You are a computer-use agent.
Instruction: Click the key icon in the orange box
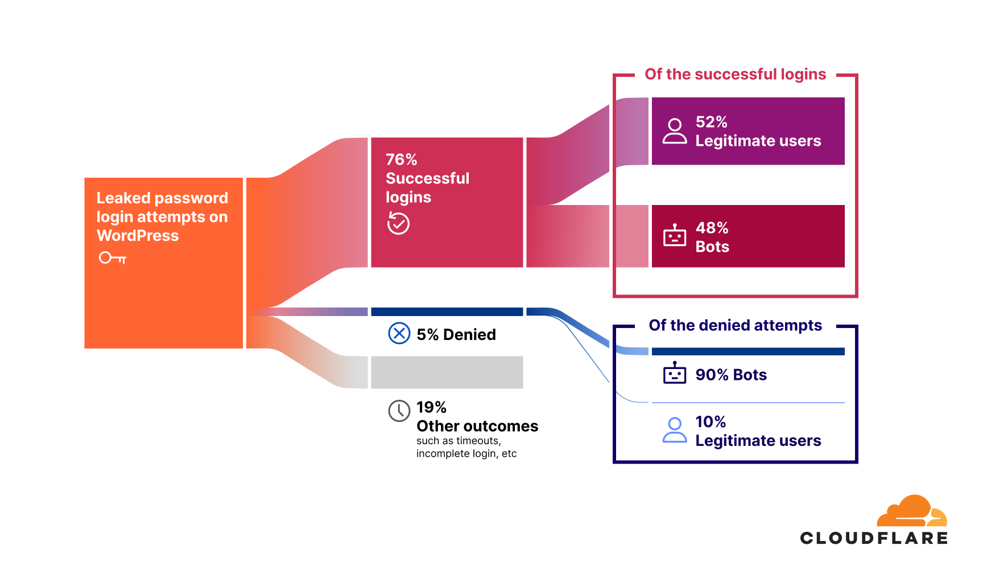click(x=113, y=258)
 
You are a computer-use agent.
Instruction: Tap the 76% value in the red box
click(x=401, y=159)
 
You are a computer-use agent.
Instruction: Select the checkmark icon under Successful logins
click(x=398, y=223)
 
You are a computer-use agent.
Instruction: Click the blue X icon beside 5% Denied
click(x=399, y=333)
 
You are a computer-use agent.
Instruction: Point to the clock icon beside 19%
click(x=399, y=410)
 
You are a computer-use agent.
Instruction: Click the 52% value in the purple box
click(x=711, y=122)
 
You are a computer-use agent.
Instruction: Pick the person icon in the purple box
click(x=675, y=131)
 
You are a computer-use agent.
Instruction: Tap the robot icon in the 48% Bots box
click(x=675, y=235)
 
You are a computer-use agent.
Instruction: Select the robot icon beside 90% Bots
click(x=675, y=373)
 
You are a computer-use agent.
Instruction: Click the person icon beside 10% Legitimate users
click(x=675, y=430)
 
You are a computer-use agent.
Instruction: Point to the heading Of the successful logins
click(x=735, y=75)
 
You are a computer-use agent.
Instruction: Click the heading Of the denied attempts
click(x=735, y=325)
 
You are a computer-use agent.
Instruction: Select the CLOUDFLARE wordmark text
click(x=874, y=538)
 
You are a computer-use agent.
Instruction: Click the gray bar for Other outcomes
click(x=447, y=372)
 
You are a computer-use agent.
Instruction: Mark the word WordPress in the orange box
click(x=138, y=236)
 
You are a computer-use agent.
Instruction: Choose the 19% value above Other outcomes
click(x=431, y=407)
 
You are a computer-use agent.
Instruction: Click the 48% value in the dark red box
click(x=712, y=228)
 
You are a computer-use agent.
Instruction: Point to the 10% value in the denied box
click(x=711, y=422)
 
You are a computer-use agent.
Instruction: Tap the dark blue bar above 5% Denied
click(x=447, y=312)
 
